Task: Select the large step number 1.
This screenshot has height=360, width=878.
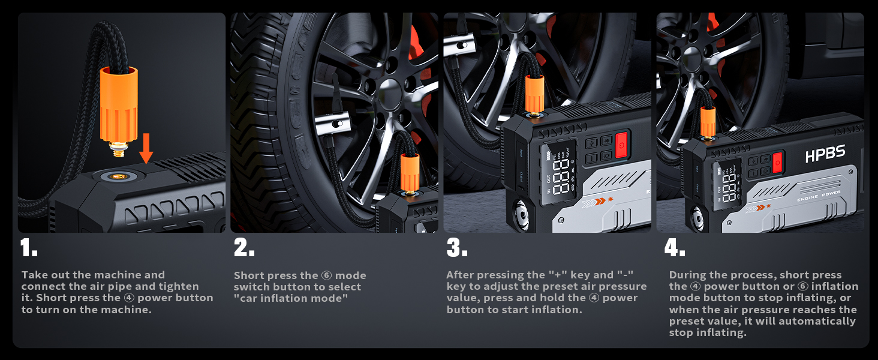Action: [28, 248]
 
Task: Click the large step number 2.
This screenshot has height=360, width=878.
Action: [243, 248]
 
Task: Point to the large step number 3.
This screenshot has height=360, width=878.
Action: [457, 248]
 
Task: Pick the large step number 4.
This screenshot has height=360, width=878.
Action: [675, 248]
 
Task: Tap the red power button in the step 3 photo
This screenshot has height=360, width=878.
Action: [621, 145]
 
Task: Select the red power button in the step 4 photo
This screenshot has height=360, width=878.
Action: [778, 162]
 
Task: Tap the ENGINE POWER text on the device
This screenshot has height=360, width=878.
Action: [818, 194]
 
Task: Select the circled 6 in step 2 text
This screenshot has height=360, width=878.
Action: [326, 275]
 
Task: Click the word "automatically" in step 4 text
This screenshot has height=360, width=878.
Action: [822, 321]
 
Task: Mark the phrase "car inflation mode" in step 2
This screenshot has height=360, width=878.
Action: [291, 298]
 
